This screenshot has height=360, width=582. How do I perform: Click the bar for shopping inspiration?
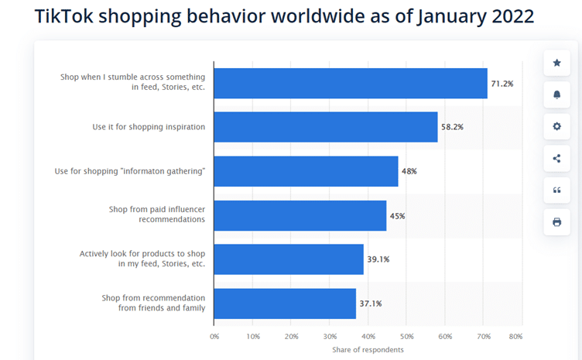click(x=325, y=127)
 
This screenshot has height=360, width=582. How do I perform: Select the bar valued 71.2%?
click(x=350, y=83)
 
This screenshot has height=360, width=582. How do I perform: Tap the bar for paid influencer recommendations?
click(x=300, y=215)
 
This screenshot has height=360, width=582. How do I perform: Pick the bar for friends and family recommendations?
click(x=284, y=303)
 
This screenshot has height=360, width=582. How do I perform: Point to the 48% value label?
click(x=409, y=171)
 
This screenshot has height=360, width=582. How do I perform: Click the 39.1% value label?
click(x=378, y=259)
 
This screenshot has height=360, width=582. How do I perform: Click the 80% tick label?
click(x=515, y=337)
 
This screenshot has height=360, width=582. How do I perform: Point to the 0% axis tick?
click(x=214, y=337)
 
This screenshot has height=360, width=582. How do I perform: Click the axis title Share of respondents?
click(x=368, y=350)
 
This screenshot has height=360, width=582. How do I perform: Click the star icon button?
click(x=556, y=63)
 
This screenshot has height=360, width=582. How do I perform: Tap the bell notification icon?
click(x=556, y=94)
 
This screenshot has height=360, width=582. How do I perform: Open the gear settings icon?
click(x=556, y=126)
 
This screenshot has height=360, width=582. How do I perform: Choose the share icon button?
click(x=556, y=159)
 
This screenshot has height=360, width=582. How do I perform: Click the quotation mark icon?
click(x=556, y=190)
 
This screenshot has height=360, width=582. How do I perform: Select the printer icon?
click(x=556, y=222)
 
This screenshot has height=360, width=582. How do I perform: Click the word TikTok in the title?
click(x=64, y=17)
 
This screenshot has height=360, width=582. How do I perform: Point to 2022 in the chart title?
click(x=511, y=17)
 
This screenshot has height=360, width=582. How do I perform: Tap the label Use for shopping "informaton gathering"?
click(x=130, y=171)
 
